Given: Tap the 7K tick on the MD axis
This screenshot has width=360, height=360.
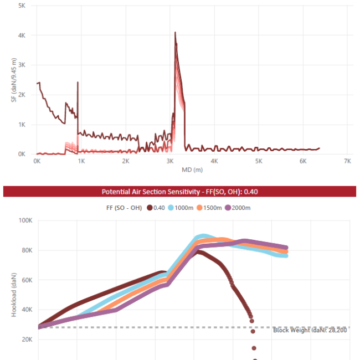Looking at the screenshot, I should [x=347, y=161].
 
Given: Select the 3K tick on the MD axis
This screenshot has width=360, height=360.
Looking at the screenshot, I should [x=169, y=161].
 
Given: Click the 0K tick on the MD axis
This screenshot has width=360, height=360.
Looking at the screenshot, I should [x=37, y=161].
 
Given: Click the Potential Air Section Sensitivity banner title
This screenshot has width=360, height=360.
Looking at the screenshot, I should [x=179, y=192].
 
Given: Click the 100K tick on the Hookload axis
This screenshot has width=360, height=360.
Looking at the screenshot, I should [x=25, y=220].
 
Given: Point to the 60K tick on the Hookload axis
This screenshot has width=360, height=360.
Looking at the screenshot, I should [x=27, y=280].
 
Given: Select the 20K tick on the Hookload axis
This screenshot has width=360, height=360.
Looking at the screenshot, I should [x=27, y=339].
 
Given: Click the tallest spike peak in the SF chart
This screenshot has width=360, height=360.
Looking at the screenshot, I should [x=175, y=33].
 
